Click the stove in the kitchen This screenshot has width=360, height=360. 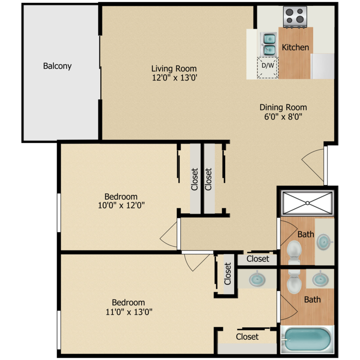295,16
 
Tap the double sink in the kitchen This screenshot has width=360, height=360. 268,43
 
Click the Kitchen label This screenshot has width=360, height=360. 295,48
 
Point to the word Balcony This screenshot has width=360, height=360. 57,66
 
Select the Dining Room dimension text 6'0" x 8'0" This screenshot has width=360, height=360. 283,116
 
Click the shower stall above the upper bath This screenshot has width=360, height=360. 307,203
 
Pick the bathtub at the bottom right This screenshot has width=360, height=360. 306,339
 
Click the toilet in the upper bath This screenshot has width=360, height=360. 293,250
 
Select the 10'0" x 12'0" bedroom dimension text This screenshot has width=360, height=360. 121,205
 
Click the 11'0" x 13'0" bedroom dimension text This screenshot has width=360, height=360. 128,312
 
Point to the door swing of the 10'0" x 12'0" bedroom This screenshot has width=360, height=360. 169,236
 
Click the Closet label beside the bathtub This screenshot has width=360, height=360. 247,337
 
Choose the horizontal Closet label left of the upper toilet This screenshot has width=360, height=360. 258,259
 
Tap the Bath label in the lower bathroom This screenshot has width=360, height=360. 312,300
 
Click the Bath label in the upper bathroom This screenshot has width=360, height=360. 306,235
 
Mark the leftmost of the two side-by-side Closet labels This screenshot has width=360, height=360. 194,179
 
